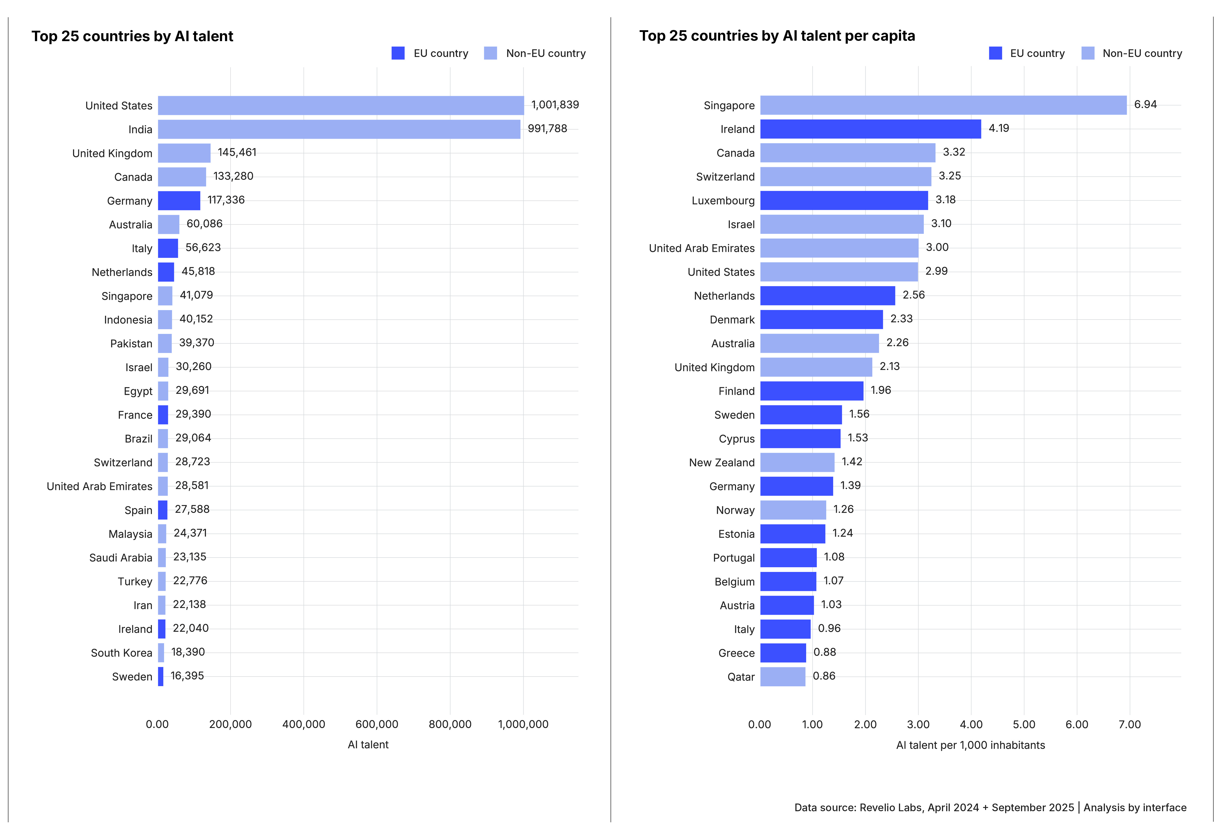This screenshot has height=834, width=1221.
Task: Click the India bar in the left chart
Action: pyautogui.click(x=339, y=129)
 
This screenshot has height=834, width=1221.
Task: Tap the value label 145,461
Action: pyautogui.click(x=237, y=152)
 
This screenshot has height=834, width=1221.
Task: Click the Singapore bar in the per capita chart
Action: pyautogui.click(x=943, y=105)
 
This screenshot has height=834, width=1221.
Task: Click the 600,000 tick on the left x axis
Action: pyautogui.click(x=377, y=724)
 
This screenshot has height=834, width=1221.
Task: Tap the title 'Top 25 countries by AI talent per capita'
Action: pyautogui.click(x=776, y=36)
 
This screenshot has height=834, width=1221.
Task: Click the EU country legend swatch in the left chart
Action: pyautogui.click(x=398, y=53)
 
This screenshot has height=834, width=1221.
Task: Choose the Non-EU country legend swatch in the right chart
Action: pyautogui.click(x=1088, y=53)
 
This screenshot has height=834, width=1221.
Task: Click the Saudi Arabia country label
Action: pyautogui.click(x=120, y=558)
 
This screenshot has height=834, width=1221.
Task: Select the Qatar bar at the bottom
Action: pyautogui.click(x=782, y=676)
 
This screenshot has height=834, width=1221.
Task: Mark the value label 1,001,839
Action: pyautogui.click(x=555, y=105)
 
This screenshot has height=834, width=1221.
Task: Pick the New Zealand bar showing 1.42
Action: pyautogui.click(x=797, y=462)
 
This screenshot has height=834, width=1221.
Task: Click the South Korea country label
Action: pyautogui.click(x=121, y=653)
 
